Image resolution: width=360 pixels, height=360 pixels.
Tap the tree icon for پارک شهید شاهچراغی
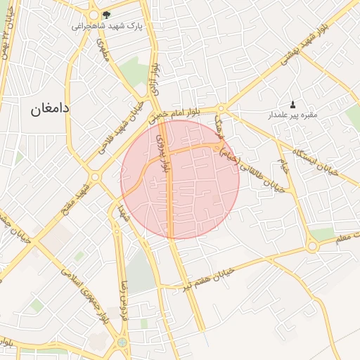106,15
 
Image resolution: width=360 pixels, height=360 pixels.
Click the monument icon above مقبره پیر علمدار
293,104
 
